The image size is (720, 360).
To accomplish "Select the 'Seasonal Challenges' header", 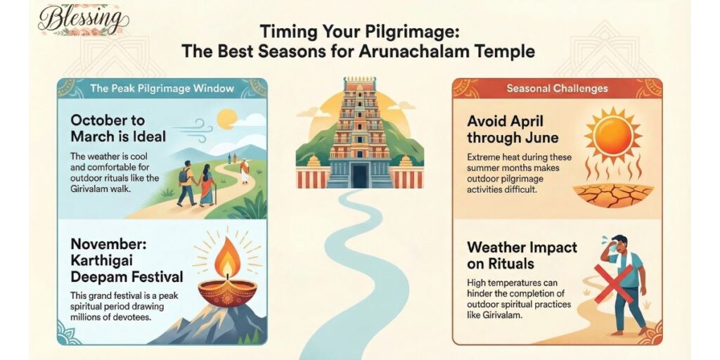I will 557,89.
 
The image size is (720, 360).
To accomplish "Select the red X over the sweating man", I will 614,283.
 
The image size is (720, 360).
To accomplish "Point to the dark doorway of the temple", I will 359,176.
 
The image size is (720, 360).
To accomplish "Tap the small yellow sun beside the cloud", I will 226,120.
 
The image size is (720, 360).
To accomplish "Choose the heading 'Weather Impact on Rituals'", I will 522,256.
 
